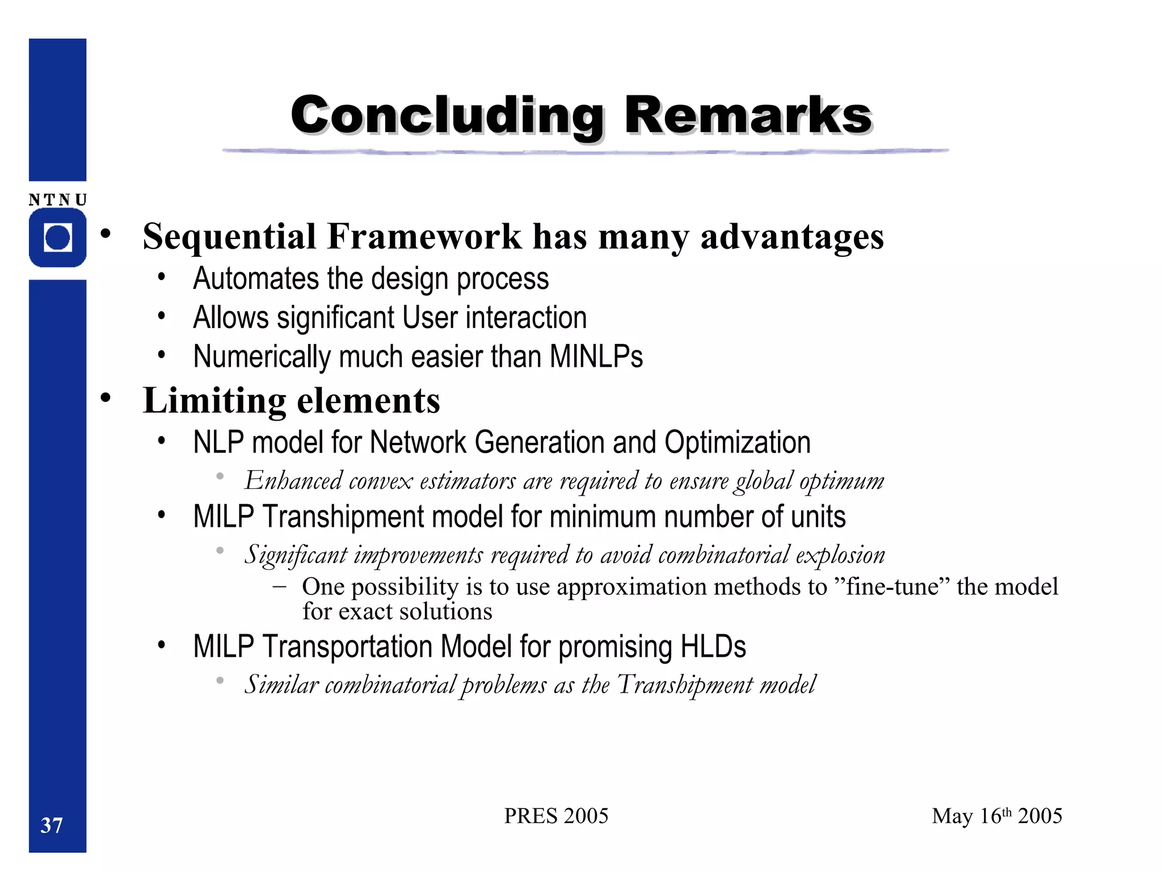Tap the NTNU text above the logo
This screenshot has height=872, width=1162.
(x=58, y=200)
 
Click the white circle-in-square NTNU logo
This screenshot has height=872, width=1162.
(x=58, y=237)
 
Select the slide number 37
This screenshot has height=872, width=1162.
(x=52, y=825)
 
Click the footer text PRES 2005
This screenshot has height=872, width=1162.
(x=556, y=816)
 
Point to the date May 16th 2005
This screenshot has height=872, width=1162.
(x=997, y=816)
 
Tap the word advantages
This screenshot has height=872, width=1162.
(x=792, y=236)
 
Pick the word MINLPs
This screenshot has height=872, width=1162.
(x=596, y=357)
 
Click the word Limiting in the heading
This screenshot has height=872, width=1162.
(x=214, y=401)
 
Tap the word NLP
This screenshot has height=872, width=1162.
(x=218, y=442)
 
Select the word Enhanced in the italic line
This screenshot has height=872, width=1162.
(x=293, y=481)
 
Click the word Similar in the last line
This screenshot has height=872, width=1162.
(x=281, y=685)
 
